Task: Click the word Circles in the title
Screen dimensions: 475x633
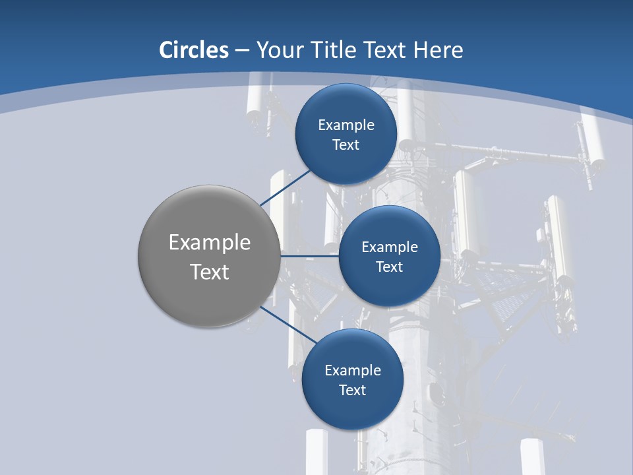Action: tap(194, 50)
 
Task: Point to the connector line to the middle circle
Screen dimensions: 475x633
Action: tap(310, 256)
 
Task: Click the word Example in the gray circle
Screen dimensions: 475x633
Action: tap(210, 243)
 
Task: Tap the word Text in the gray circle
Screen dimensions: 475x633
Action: tap(210, 272)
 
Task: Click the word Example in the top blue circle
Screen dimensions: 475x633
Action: tap(346, 125)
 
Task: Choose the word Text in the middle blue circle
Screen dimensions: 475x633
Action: tap(389, 267)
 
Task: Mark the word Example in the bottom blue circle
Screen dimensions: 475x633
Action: tap(353, 370)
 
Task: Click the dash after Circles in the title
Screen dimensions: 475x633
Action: tap(242, 50)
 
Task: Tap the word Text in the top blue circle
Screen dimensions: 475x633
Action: tap(346, 144)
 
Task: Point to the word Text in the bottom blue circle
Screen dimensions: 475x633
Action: tap(352, 390)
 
